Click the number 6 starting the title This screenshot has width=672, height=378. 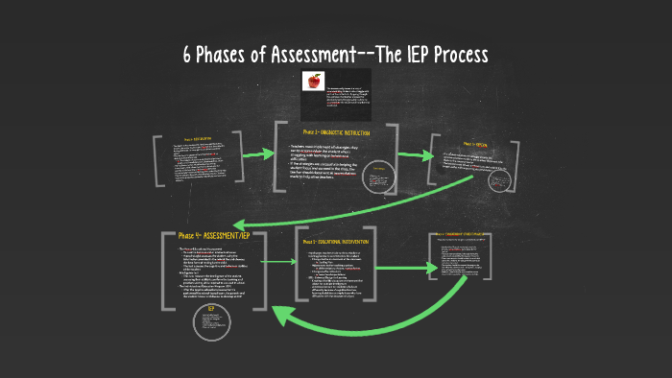(x=188, y=55)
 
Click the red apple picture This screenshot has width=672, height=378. (x=313, y=83)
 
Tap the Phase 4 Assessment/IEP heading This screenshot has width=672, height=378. (x=217, y=236)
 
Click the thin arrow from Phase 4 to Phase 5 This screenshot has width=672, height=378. (x=274, y=261)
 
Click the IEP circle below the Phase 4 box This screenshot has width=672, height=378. (x=210, y=321)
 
